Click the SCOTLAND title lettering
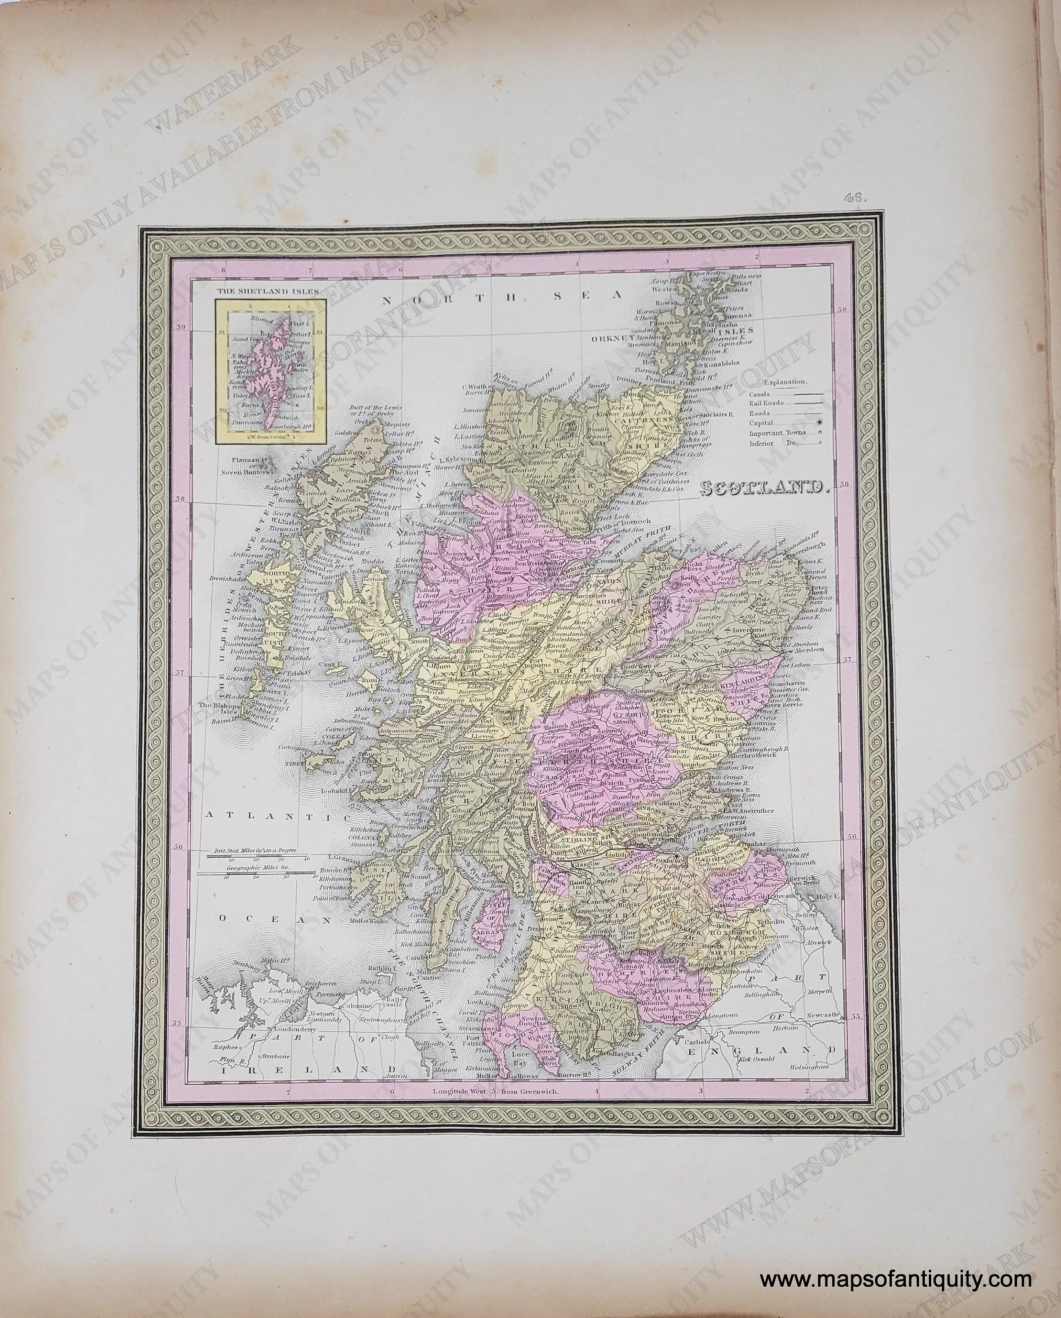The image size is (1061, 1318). coord(764,487)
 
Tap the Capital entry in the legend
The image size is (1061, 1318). coord(761,423)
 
